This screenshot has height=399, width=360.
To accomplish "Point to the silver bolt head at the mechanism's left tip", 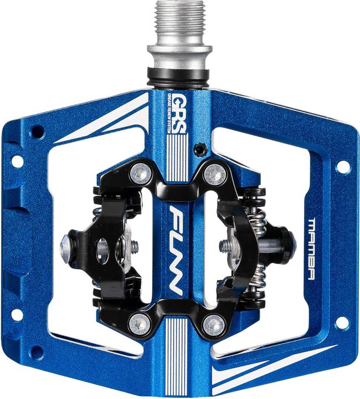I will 66,243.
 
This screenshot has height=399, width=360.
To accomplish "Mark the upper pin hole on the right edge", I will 343,167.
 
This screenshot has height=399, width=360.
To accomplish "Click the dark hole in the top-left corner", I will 37,132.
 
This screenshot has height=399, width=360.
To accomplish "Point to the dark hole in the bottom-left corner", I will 37,351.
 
